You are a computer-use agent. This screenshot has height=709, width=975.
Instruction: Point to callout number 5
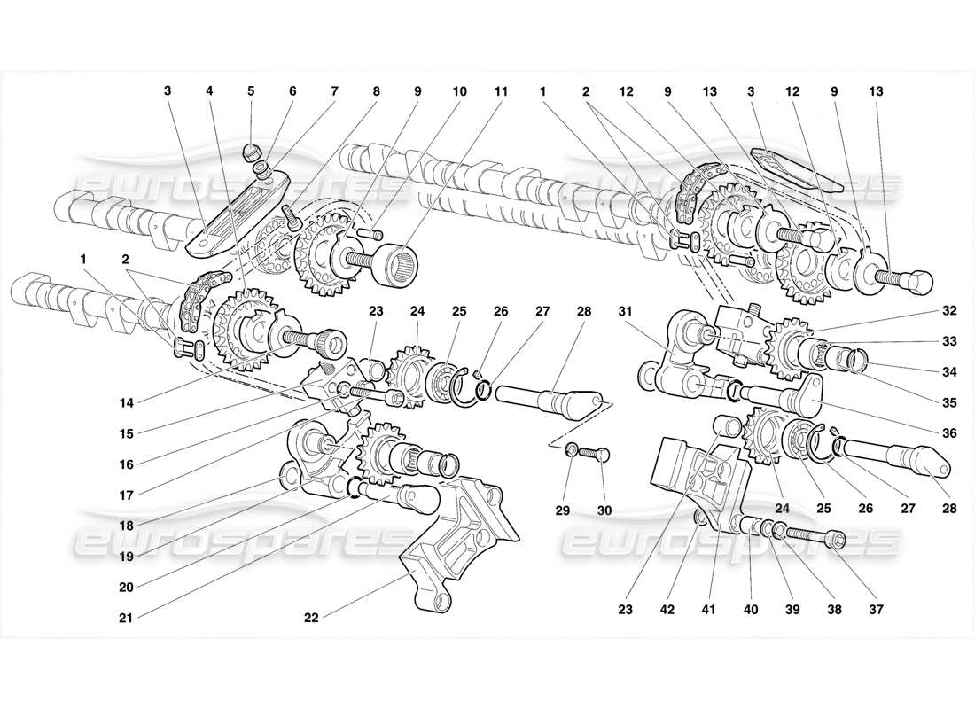point(251,90)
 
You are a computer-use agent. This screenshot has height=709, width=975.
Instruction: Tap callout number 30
point(604,510)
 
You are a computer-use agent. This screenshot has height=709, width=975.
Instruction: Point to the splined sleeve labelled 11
point(396,264)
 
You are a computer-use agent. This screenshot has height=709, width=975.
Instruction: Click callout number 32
point(949,312)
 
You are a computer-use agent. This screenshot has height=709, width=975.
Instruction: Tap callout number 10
point(458,90)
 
